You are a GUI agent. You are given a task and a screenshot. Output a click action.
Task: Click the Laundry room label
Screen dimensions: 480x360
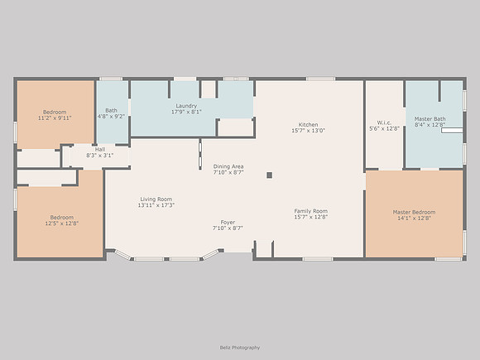coord(186,106)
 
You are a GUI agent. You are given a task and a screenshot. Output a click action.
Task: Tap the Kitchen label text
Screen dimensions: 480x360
coord(308,125)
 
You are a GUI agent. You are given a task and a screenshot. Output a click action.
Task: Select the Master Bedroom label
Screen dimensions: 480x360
coord(414,212)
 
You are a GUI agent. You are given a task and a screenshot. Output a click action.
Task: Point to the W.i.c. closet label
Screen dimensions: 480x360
coord(384,122)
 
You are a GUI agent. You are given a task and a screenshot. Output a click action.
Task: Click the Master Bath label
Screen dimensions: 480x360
coord(430,119)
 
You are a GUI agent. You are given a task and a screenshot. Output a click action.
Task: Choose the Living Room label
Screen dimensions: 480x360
coord(156,199)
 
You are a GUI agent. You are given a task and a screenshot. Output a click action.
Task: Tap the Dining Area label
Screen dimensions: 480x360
coord(228,166)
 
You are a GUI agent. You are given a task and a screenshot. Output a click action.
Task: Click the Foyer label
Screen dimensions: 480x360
coord(228,223)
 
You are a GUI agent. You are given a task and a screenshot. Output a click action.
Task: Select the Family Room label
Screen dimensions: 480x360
coord(311,211)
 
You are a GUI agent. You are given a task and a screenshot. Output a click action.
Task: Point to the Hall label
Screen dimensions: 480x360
coord(100,150)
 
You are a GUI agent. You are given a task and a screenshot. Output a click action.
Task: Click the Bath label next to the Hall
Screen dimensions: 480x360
coord(111,110)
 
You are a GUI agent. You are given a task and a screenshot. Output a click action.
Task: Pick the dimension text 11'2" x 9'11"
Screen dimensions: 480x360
coord(55,118)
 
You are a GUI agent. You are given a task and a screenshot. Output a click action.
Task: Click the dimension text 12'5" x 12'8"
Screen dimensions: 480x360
coord(62,223)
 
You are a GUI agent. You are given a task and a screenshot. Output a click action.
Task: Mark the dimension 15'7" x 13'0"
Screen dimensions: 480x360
coord(308,131)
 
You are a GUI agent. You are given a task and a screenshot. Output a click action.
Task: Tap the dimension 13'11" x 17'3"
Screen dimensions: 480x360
coord(156,205)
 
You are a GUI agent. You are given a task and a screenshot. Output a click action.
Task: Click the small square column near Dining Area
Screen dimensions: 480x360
coord(270,175)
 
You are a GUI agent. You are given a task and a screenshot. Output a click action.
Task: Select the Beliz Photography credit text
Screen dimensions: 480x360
coord(240,348)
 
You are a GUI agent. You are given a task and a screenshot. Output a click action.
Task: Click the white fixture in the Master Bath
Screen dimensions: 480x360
coord(452,131)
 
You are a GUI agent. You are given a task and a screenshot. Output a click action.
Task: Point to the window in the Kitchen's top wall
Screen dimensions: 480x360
coord(321,79)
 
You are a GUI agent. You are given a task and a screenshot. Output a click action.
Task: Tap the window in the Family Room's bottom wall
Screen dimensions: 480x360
coord(318,259)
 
